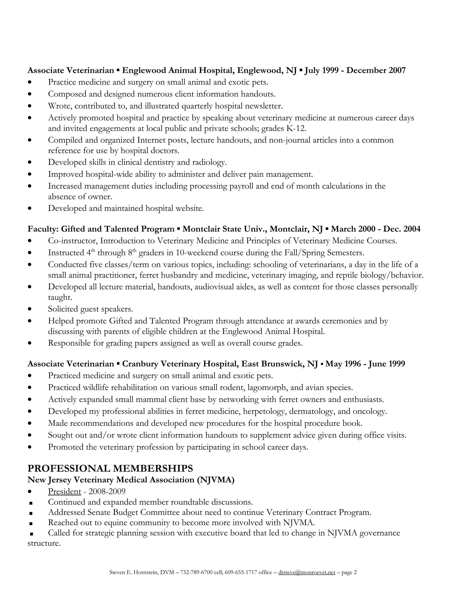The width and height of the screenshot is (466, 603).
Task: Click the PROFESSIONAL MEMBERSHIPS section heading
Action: tap(110, 468)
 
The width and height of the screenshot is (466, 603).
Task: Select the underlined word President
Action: tap(64, 492)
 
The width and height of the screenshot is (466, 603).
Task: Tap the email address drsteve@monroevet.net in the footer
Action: tap(307, 572)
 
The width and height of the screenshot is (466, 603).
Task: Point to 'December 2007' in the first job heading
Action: tap(376, 70)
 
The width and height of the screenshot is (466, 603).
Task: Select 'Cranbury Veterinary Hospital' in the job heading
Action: tap(180, 364)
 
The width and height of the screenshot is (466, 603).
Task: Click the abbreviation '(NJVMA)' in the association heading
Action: tap(216, 480)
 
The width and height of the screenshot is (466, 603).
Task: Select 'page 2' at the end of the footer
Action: tap(349, 572)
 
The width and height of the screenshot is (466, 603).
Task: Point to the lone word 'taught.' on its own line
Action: tap(60, 297)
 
